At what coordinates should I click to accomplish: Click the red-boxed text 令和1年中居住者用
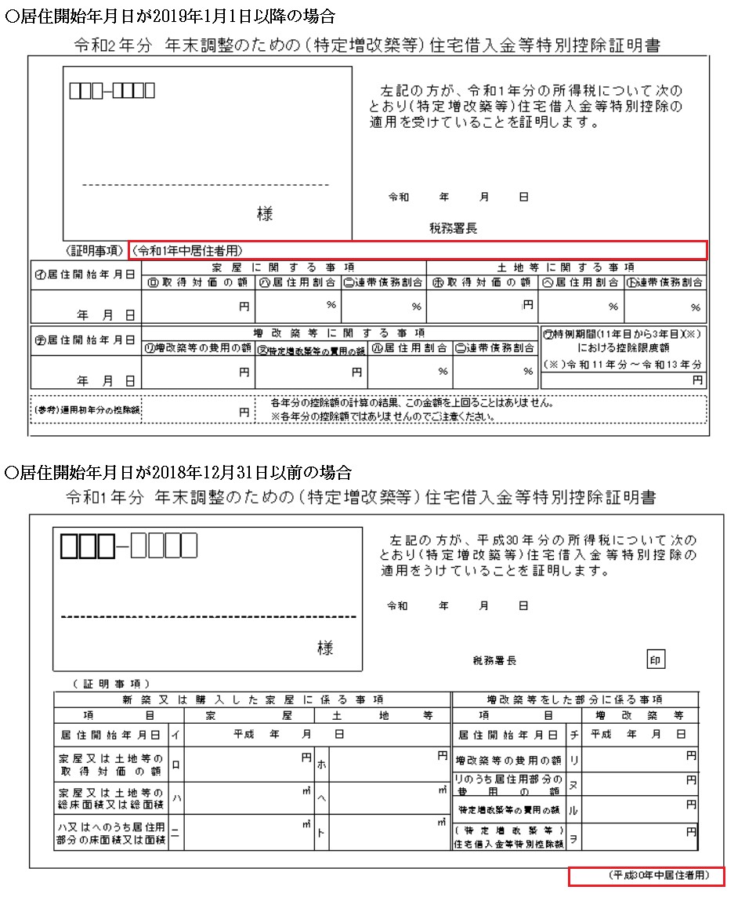tap(188, 250)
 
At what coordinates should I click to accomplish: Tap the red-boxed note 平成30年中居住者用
tap(647, 876)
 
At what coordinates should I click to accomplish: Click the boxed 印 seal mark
tap(656, 659)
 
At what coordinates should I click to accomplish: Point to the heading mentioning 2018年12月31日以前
tap(178, 472)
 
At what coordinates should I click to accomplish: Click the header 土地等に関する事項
tap(566, 267)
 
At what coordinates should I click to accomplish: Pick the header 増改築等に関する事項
tap(340, 332)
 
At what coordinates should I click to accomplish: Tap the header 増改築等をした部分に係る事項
tap(575, 699)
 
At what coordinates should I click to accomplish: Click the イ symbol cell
tap(175, 735)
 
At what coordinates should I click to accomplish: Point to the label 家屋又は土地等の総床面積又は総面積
tap(111, 798)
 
